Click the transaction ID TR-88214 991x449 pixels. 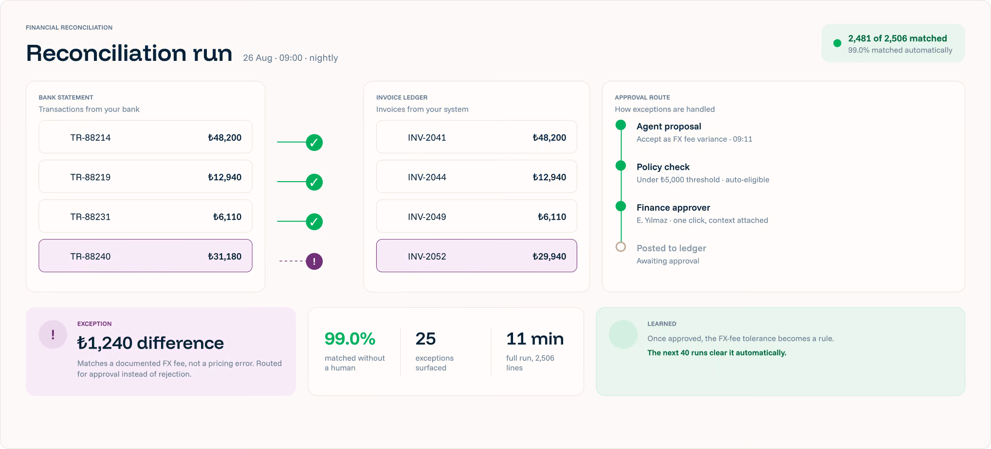tap(91, 138)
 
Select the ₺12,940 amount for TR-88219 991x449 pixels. tap(224, 177)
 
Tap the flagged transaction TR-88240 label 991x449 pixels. tap(91, 257)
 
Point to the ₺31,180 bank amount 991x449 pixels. tap(224, 257)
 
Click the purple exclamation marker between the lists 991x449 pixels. tap(314, 262)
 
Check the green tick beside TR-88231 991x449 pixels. tap(314, 222)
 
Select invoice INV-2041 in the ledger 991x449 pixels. tap(427, 138)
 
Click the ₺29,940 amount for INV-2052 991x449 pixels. tap(549, 257)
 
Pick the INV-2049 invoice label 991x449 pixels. tap(427, 217)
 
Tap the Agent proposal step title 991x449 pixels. tap(669, 127)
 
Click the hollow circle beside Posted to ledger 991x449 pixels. tap(621, 247)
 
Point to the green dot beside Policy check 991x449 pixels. tap(621, 166)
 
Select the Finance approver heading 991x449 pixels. tap(673, 208)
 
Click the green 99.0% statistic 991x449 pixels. tap(350, 339)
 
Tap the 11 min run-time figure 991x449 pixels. tap(535, 339)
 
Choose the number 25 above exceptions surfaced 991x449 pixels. tap(425, 339)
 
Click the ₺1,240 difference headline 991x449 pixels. tap(150, 343)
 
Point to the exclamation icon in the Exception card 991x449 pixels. tap(53, 335)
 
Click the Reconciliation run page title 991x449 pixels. tap(129, 53)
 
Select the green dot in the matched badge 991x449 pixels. tap(837, 43)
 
